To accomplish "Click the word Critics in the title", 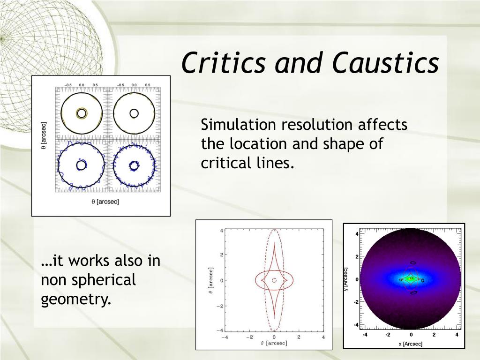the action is (223, 62).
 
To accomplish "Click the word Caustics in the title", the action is (386, 62).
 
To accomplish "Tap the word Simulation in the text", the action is (239, 125).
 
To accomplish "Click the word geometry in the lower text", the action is (75, 300).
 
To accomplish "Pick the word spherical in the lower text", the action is (105, 280).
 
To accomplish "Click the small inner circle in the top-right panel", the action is (134, 113).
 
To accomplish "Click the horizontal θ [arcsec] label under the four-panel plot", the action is (105, 202).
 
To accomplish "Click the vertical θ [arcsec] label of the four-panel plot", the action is (44, 136).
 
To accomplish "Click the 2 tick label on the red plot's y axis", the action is (221, 255).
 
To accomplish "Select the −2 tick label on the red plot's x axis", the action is (249, 337).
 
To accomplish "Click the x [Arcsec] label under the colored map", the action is (411, 344).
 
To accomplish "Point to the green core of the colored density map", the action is (411, 278).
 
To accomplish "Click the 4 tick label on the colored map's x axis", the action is (457, 335).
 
